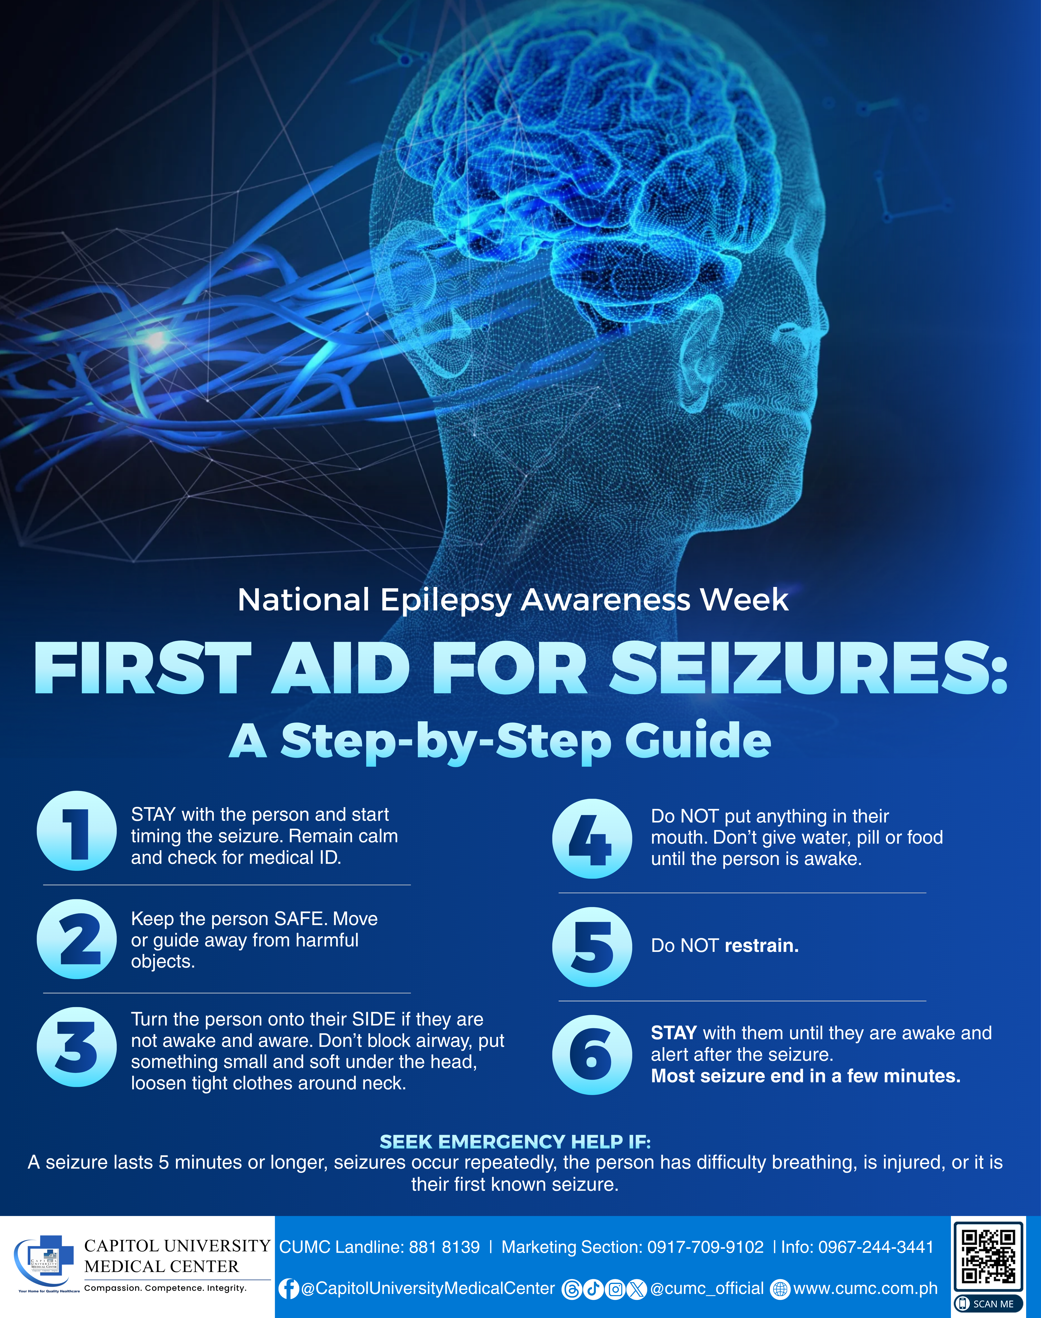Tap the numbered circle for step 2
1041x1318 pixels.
[x=77, y=939]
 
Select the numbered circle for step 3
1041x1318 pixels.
[x=77, y=1047]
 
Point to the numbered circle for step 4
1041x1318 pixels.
[x=592, y=839]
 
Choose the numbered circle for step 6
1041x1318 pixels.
[x=592, y=1055]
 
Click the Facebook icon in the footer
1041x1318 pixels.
[x=289, y=1289]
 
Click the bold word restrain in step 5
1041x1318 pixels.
[x=761, y=946]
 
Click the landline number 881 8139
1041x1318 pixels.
[x=444, y=1247]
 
